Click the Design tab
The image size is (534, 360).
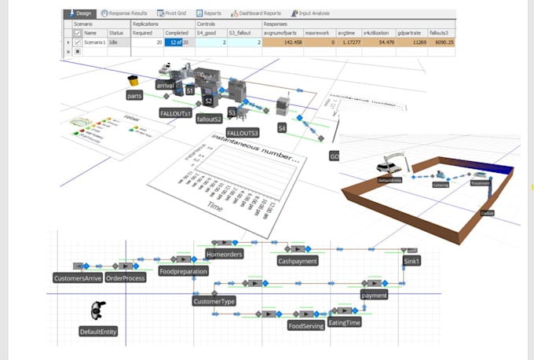click(81, 13)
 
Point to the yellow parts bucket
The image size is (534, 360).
click(133, 80)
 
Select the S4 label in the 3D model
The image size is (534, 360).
click(281, 127)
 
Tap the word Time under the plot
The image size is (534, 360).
click(215, 206)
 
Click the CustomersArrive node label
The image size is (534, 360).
click(76, 278)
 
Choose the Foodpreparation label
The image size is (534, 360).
click(183, 271)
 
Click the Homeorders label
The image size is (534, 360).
click(224, 255)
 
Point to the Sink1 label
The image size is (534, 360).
click(411, 261)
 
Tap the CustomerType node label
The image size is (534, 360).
click(214, 300)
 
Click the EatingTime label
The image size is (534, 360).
click(344, 322)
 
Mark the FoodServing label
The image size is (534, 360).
click(305, 325)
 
